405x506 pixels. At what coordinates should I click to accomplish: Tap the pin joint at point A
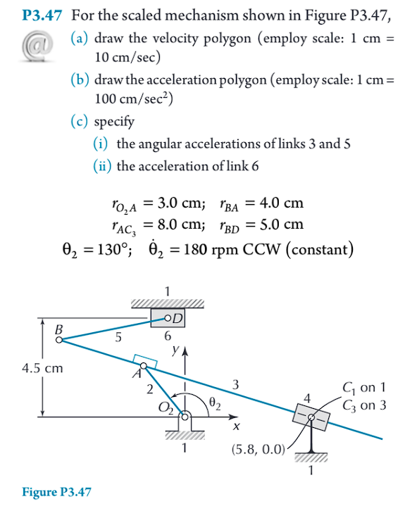[143, 366]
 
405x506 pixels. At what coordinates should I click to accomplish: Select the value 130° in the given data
[98, 250]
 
